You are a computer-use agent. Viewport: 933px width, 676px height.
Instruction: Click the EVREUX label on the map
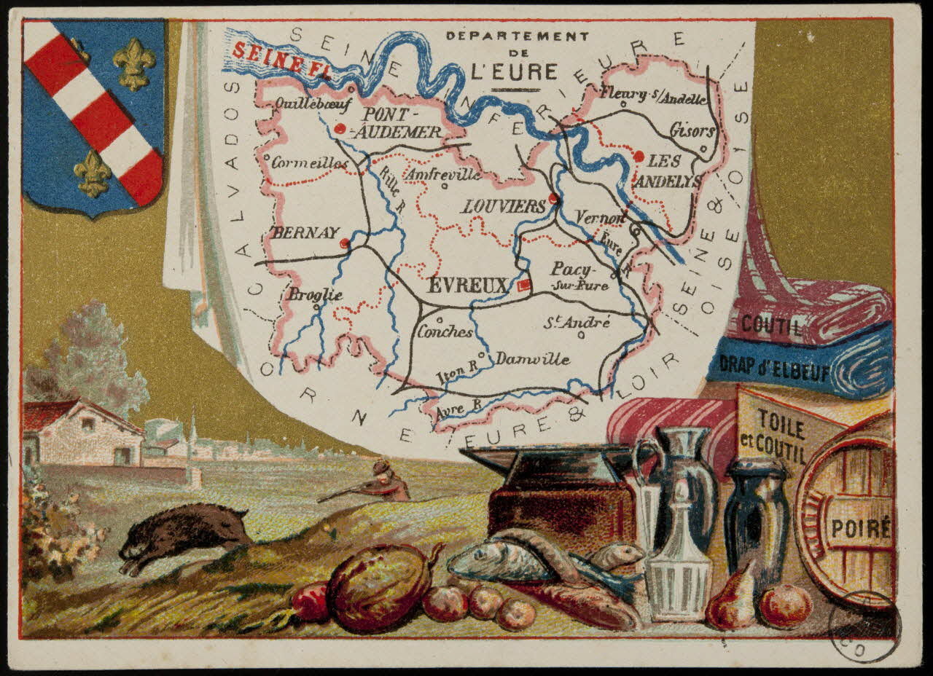[466, 286]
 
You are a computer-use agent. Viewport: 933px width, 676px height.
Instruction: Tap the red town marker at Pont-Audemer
[340, 129]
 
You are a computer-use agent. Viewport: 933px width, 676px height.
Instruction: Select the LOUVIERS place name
[504, 206]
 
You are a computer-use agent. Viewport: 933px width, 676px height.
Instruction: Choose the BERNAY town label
[305, 233]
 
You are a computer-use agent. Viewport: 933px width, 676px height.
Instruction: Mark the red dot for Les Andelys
[639, 156]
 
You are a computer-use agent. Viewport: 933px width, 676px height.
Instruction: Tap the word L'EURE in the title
[514, 71]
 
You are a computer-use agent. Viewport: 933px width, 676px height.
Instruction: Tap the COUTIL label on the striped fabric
[773, 326]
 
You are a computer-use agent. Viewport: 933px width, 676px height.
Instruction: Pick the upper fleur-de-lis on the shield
[134, 63]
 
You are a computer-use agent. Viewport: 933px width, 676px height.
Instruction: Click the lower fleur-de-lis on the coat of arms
[93, 173]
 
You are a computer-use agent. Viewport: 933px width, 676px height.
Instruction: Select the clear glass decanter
[678, 575]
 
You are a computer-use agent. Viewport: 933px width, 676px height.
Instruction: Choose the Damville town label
[533, 359]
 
